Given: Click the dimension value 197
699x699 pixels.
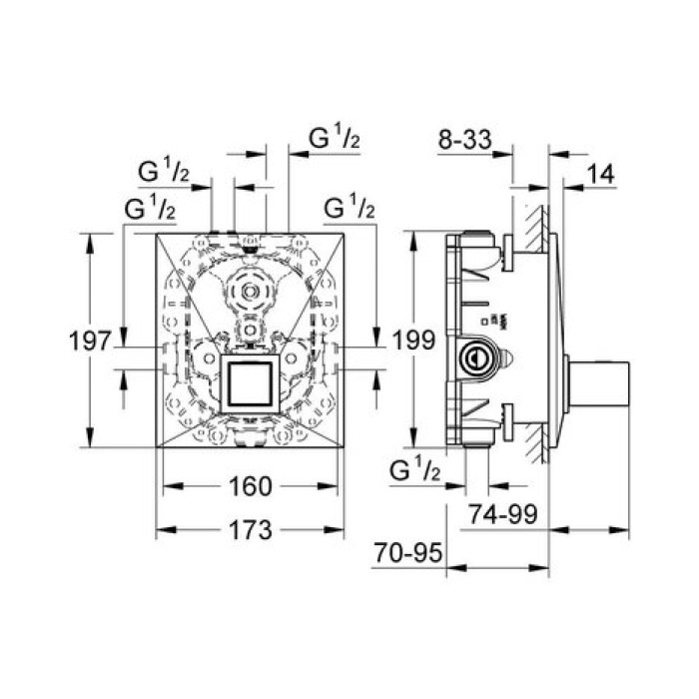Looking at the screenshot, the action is pos(90,342).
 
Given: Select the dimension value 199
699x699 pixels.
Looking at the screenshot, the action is pos(413,341).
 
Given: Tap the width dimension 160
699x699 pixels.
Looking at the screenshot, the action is pos(250,486).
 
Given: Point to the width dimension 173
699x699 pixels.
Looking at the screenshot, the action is pos(250,530).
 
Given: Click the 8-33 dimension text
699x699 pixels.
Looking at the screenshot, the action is pos(465,140).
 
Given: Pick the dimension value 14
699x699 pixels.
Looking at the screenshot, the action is pos(601,174).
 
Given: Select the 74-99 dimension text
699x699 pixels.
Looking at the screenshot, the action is pos(503,515).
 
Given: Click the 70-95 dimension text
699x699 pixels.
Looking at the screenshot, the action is pos(408,553).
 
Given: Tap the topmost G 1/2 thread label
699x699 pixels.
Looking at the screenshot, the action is pos(335,138).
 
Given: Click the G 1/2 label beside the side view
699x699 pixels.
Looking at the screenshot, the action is pos(415,470).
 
